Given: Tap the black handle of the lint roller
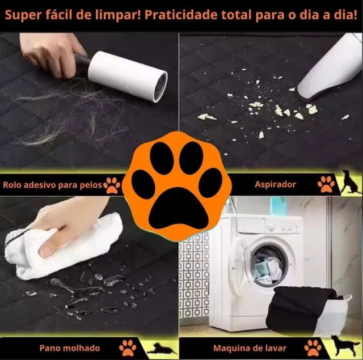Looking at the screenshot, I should coord(82,64).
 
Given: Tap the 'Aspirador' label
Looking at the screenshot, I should coord(275,184).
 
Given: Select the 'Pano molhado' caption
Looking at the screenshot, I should coord(70,348).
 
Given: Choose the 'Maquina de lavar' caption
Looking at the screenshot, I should coord(250,348).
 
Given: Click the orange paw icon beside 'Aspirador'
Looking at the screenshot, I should coord(326,184).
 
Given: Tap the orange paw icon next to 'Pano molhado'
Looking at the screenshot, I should coord(128,347).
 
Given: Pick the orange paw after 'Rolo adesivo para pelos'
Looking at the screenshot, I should coord(113,184).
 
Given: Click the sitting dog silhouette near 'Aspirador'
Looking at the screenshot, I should coord(350,183).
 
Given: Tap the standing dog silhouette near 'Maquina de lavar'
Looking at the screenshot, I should coord(345,345).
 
